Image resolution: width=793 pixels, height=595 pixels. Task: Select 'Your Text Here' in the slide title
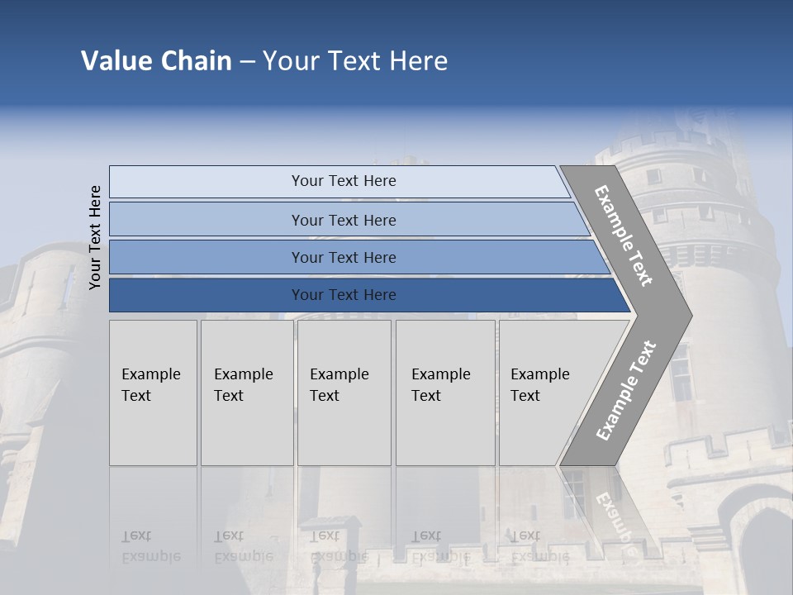355,61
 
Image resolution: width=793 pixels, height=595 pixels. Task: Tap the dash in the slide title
247,62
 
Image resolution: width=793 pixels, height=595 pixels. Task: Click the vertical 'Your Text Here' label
95,237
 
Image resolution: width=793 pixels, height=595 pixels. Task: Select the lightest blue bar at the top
343,181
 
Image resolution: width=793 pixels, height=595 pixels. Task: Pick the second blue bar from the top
343,220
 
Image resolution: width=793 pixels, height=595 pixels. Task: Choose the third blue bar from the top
343,257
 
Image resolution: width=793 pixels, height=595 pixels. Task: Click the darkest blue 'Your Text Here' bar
343,295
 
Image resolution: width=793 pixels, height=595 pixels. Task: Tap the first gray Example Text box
153,393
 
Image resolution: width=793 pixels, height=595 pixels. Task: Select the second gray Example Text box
246,393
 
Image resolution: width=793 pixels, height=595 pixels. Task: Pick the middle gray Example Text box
344,393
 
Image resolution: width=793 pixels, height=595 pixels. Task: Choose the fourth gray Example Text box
444,393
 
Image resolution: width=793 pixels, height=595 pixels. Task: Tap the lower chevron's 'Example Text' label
626,390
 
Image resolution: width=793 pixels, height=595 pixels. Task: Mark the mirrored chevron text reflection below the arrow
615,516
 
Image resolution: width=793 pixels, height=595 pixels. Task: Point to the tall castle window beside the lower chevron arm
680,372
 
